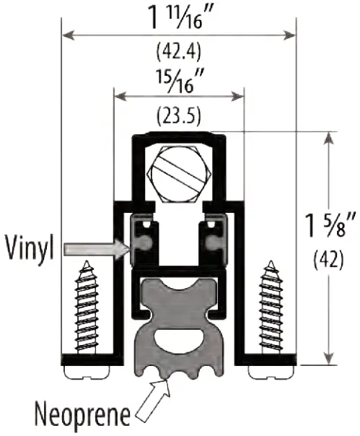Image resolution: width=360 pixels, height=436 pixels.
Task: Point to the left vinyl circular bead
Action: [144, 245]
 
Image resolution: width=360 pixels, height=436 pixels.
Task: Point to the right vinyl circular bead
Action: [213, 245]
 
